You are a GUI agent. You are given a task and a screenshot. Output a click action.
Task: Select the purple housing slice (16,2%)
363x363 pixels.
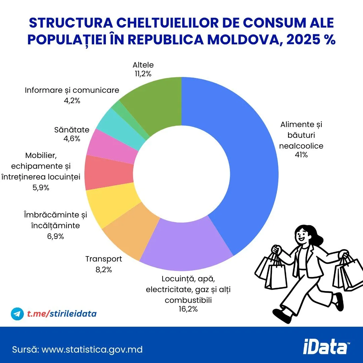(x=185, y=242)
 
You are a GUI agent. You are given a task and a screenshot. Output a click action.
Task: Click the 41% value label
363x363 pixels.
(x=301, y=155)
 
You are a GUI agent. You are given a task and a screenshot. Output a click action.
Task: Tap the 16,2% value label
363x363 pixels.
(x=188, y=309)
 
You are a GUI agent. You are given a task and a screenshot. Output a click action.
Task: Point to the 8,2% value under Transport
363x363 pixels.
(x=104, y=269)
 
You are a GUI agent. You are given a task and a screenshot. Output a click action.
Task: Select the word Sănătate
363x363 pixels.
(x=72, y=130)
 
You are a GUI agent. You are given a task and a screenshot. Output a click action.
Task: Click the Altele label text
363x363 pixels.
(x=143, y=65)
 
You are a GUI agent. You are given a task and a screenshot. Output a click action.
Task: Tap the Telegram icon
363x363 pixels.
(x=17, y=314)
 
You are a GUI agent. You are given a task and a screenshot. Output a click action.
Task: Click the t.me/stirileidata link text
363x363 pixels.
(x=62, y=314)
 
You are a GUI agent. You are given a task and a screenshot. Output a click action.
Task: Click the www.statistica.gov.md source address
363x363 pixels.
(x=92, y=350)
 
